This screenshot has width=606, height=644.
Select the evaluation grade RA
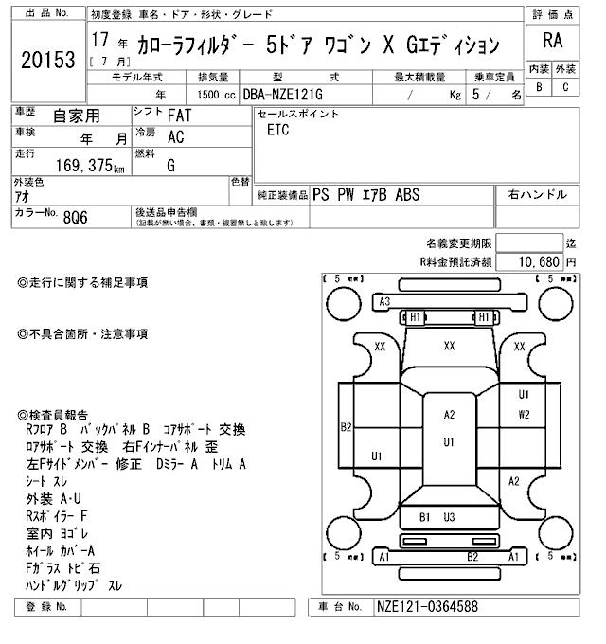(552, 42)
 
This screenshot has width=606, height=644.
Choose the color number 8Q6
(77, 215)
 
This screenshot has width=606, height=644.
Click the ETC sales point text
(277, 131)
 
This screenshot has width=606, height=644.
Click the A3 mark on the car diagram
(385, 301)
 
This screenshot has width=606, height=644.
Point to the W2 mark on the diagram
(524, 414)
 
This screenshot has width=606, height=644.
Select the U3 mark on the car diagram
(449, 517)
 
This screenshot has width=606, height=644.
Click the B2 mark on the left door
(347, 427)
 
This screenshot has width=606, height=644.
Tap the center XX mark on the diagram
(449, 347)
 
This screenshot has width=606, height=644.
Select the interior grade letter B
(539, 88)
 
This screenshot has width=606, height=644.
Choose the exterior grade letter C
(565, 88)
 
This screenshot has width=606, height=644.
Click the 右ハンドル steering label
(537, 195)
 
